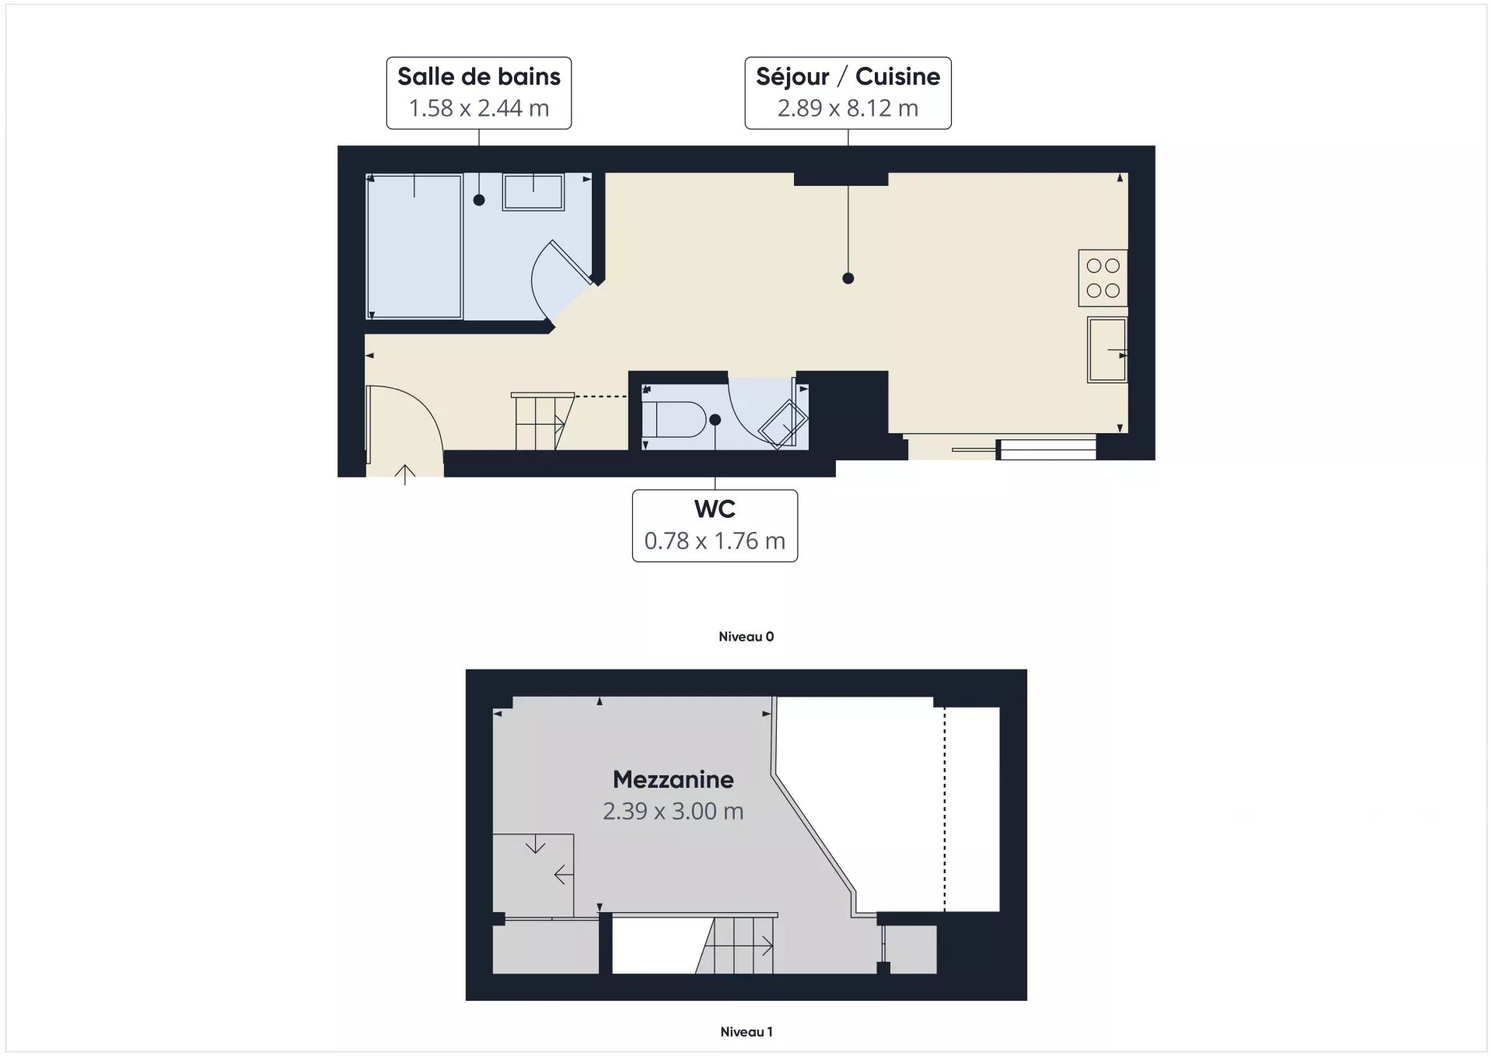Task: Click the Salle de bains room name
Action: pyautogui.click(x=479, y=76)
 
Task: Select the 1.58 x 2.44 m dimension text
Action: pyautogui.click(x=479, y=108)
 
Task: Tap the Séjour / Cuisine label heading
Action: pyautogui.click(x=848, y=76)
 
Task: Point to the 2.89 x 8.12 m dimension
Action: pyautogui.click(x=848, y=108)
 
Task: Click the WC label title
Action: pyautogui.click(x=715, y=509)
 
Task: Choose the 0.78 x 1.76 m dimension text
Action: pyautogui.click(x=715, y=540)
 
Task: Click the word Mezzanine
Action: pyautogui.click(x=673, y=779)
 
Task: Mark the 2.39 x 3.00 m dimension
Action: pyautogui.click(x=673, y=811)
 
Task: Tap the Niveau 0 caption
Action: pyautogui.click(x=746, y=636)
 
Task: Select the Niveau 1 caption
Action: pyautogui.click(x=746, y=1032)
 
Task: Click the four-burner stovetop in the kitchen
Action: pyautogui.click(x=1103, y=278)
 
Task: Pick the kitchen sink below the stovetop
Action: pyautogui.click(x=1107, y=350)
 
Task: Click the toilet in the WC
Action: pyautogui.click(x=673, y=420)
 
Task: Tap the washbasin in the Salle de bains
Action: pyautogui.click(x=533, y=191)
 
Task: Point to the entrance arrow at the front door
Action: pyautogui.click(x=405, y=474)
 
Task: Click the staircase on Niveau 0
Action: pyautogui.click(x=542, y=421)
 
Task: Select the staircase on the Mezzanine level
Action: pyautogui.click(x=736, y=944)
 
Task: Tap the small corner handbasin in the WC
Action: pyautogui.click(x=784, y=425)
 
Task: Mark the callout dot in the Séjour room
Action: pyautogui.click(x=848, y=278)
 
